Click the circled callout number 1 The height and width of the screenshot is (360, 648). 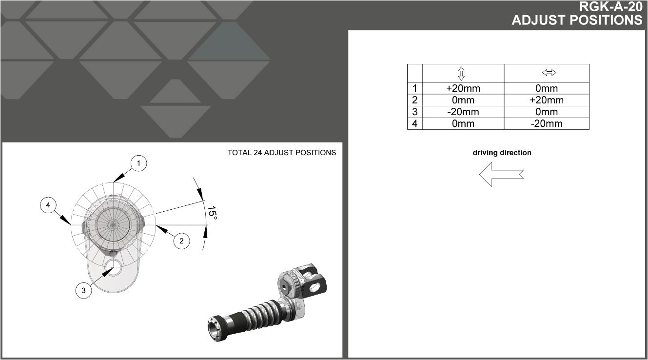click(x=138, y=163)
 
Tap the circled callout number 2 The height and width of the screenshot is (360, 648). click(x=181, y=240)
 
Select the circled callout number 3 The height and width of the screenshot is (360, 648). click(x=84, y=290)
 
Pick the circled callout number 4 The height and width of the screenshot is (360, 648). click(x=48, y=205)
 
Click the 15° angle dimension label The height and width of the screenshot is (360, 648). click(x=212, y=213)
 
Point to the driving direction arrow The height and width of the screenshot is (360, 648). click(x=501, y=174)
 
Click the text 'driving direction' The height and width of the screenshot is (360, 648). click(x=502, y=153)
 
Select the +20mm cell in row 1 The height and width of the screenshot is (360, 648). click(x=463, y=88)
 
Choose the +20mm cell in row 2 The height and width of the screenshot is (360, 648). click(x=546, y=100)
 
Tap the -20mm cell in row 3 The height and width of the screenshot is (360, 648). click(x=463, y=112)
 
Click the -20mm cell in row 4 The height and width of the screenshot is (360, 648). click(x=546, y=123)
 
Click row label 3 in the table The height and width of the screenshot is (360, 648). click(x=415, y=112)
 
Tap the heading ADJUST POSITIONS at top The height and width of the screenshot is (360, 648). click(x=577, y=20)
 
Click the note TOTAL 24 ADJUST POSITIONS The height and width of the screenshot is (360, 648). click(x=281, y=153)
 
